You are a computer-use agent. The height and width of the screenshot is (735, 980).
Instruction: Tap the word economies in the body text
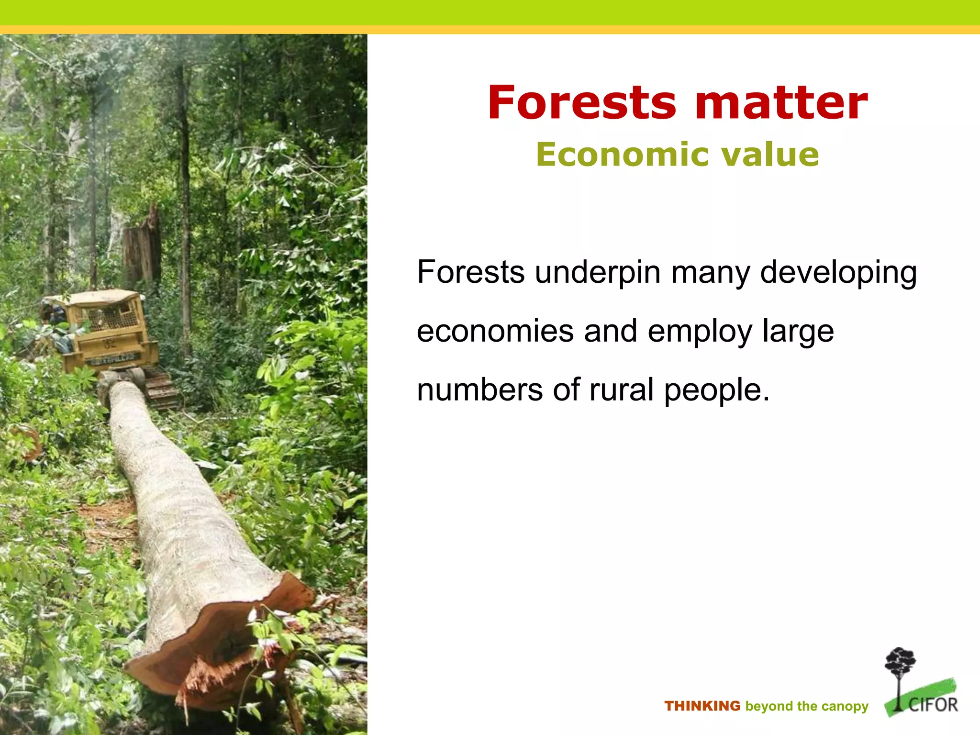495,331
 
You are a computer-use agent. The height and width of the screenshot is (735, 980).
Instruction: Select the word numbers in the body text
479,390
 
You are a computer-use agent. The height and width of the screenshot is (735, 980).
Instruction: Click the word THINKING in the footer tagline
702,706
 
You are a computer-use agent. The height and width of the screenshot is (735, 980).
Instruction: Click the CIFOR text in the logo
933,705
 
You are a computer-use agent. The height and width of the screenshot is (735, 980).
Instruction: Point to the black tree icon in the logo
900,670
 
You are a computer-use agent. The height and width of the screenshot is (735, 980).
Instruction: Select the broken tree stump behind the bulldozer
142,249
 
